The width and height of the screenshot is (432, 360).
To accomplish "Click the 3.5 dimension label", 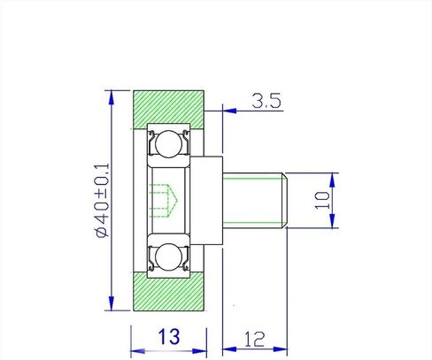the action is (x=266, y=101).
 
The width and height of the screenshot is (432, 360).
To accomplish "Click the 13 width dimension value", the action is (x=169, y=337).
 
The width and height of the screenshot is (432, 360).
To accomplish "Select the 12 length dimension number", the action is (x=254, y=339).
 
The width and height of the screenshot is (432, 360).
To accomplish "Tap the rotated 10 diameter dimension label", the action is (x=322, y=200).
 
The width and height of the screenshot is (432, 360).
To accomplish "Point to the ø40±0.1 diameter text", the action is (x=102, y=200).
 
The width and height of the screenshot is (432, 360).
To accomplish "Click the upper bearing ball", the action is (x=169, y=144).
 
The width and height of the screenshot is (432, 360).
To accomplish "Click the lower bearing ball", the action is (x=168, y=257).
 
